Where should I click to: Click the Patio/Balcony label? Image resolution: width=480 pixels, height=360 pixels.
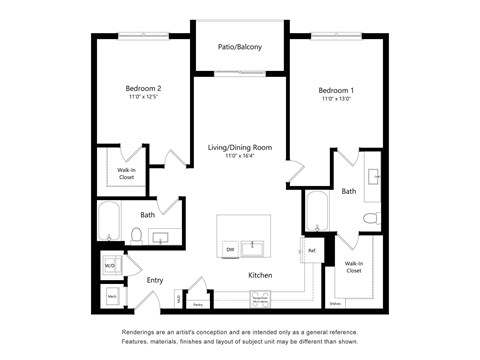(x=241, y=46)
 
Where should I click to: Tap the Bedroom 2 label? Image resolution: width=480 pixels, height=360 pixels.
(x=143, y=88)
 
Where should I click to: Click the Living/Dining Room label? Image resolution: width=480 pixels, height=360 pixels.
(x=240, y=148)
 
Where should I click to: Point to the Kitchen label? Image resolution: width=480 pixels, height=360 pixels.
(x=261, y=273)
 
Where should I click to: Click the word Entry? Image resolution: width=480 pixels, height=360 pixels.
(x=155, y=280)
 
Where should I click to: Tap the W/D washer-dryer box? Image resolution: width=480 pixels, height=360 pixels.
(x=111, y=265)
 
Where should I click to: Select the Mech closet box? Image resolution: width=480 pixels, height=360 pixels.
(x=112, y=297)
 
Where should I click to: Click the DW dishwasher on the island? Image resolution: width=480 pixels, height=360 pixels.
(x=230, y=248)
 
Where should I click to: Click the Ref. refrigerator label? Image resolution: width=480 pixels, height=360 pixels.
(x=312, y=251)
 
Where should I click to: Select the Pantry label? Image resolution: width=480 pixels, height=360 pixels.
(x=198, y=303)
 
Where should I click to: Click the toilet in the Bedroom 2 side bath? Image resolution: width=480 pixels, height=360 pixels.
(x=135, y=235)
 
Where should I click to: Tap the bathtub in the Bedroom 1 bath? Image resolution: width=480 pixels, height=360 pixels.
(x=316, y=211)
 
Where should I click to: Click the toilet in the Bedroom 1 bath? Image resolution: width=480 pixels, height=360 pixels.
(x=370, y=217)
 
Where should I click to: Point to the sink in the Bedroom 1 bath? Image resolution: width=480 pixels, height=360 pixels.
(x=373, y=177)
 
